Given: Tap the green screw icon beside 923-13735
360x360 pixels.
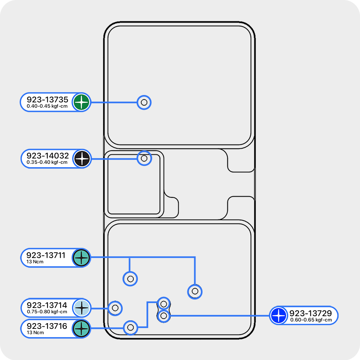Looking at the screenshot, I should [x=81, y=102].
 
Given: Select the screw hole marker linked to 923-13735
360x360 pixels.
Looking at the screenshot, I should [x=144, y=102].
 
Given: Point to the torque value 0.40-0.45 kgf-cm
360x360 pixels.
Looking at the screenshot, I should [x=47, y=106].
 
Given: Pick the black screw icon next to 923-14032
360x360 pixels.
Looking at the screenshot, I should [x=82, y=158].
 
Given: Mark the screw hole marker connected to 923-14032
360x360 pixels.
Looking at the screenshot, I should [x=144, y=158].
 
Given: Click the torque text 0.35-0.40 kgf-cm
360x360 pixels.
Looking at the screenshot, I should [x=47, y=163].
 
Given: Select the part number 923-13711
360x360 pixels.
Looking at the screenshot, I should [x=46, y=255].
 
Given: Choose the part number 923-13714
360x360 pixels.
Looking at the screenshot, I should [x=47, y=305].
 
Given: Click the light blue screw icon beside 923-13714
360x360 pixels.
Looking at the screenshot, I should [x=82, y=308].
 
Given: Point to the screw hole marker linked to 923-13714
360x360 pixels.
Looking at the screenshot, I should [x=115, y=308].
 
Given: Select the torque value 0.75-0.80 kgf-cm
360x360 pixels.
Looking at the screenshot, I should [x=47, y=312].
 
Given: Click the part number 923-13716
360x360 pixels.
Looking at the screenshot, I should [x=47, y=326].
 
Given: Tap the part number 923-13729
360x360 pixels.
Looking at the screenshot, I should [x=310, y=313].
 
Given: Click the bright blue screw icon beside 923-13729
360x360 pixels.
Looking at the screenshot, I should [x=279, y=316].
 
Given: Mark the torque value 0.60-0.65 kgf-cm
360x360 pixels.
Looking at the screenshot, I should [x=311, y=320].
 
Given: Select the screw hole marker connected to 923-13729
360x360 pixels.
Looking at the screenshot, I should [x=164, y=316].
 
